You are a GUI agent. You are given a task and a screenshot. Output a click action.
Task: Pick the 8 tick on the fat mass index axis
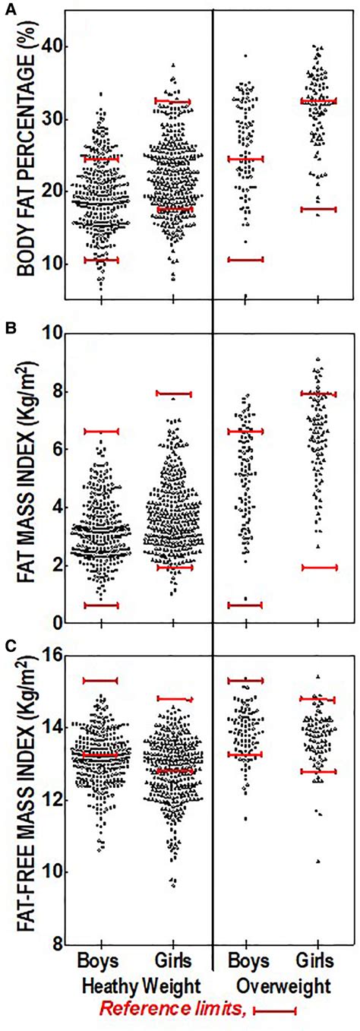coord(53,392)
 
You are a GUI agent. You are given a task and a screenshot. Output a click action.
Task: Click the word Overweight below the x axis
coord(283,986)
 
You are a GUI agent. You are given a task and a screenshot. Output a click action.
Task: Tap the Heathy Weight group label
coord(141,986)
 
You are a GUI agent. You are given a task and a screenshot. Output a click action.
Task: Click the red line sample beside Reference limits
coord(274,1011)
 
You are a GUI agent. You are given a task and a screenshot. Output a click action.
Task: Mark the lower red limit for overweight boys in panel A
coord(245,260)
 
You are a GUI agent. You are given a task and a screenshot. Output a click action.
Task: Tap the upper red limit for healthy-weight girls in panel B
coord(173,394)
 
